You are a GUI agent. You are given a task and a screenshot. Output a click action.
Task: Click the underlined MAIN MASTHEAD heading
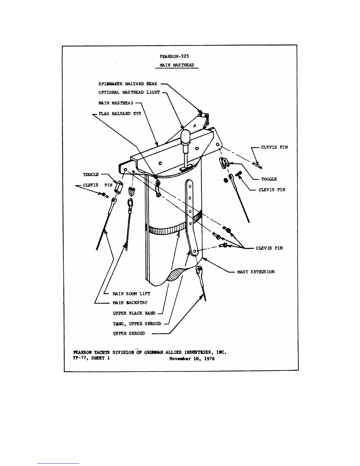point(177,65)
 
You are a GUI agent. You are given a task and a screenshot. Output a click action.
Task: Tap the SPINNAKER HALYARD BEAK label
point(128,84)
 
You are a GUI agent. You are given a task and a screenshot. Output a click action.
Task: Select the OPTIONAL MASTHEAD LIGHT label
point(129,92)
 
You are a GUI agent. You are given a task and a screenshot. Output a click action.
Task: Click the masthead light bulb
point(186,137)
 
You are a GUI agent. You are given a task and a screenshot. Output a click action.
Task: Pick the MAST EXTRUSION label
point(256,272)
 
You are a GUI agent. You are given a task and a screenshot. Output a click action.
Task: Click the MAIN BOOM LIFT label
point(131,294)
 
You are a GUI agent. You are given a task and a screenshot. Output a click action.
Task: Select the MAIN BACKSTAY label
point(130,302)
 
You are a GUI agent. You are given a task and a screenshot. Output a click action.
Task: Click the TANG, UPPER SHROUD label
point(137,324)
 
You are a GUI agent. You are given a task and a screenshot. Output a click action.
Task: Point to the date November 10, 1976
point(192,359)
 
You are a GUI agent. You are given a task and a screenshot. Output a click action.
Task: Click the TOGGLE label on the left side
point(91,174)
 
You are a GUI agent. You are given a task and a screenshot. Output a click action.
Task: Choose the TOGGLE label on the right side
point(269,179)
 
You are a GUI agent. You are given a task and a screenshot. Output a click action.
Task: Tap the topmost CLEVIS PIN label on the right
point(274,147)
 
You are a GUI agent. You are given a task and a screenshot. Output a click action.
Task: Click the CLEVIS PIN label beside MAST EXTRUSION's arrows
point(269,248)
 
